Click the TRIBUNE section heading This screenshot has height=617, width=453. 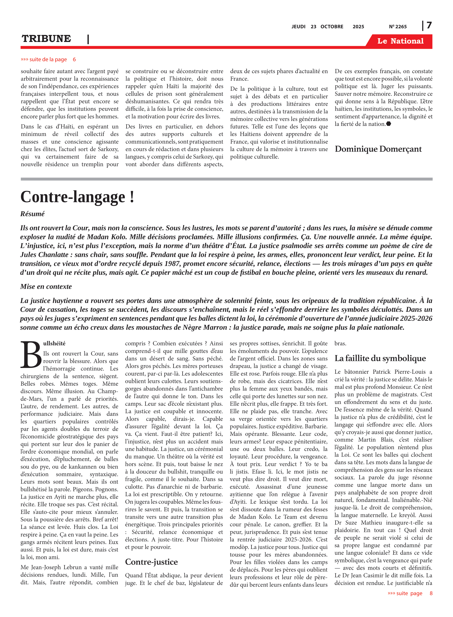pyautogui.click(x=46, y=39)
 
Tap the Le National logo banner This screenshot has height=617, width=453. pyautogui.click(x=400, y=41)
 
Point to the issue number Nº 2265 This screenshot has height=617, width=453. pyautogui.click(x=398, y=27)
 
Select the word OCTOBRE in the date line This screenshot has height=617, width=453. pyautogui.click(x=332, y=27)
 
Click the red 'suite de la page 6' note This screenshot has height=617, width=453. pyautogui.click(x=48, y=59)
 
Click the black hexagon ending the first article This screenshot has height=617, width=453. pyautogui.click(x=389, y=124)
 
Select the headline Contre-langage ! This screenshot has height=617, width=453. pyautogui.click(x=77, y=197)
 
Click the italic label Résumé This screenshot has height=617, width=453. pyautogui.click(x=32, y=214)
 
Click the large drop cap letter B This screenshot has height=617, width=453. pyautogui.click(x=31, y=355)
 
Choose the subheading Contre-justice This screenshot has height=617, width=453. pyautogui.click(x=151, y=562)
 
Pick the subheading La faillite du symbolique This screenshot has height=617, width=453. pyautogui.click(x=380, y=358)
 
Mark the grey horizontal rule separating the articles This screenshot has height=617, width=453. pyautogui.click(x=226, y=179)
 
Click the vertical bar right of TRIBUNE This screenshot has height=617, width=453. pyautogui.click(x=88, y=39)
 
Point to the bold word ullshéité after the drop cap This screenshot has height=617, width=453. pyautogui.click(x=54, y=343)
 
